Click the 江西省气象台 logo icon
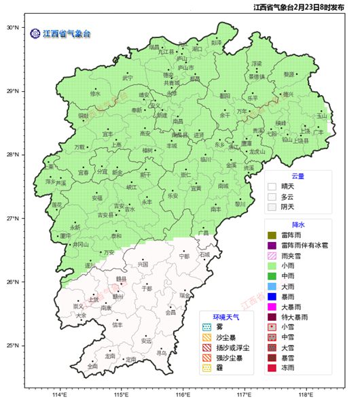[35, 33]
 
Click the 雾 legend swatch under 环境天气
[206, 327]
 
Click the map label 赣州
[118, 296]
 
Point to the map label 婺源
[289, 74]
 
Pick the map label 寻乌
[161, 353]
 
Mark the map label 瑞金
[185, 296]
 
